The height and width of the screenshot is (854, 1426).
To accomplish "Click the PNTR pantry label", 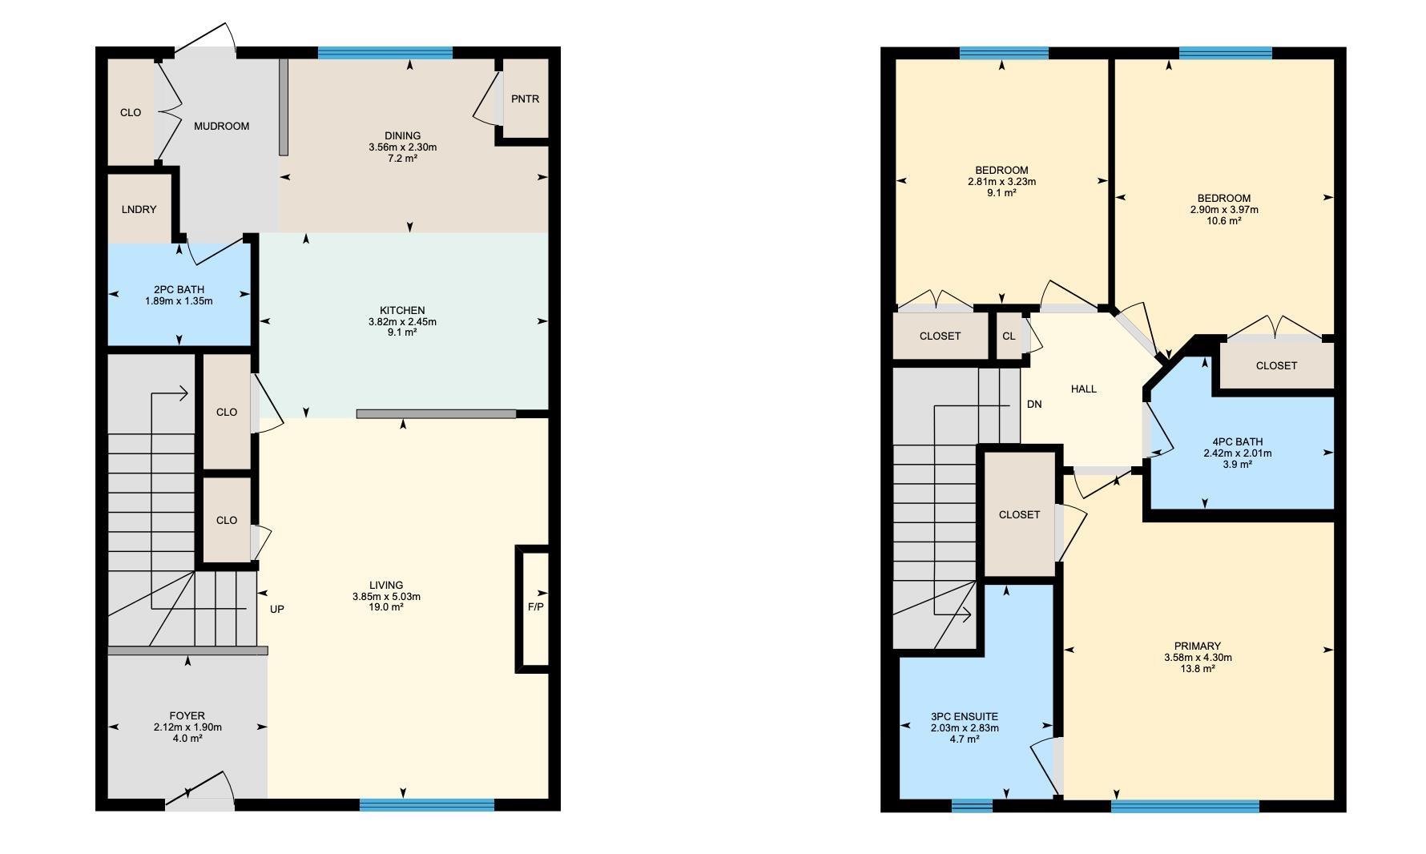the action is click(526, 99).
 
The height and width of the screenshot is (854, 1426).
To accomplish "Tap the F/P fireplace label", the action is click(535, 606).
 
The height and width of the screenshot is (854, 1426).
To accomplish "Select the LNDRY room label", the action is click(139, 210).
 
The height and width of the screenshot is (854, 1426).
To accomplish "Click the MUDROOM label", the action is click(222, 126).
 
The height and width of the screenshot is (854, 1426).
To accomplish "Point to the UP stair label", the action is click(277, 609).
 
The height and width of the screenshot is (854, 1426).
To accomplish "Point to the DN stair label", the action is click(1034, 405).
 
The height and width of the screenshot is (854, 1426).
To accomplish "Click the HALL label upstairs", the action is click(1084, 389).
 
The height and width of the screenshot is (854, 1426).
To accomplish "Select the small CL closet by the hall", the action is click(1009, 336).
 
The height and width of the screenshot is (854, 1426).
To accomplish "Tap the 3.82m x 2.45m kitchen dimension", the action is click(402, 322).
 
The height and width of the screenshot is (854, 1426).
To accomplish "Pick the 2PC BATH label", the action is click(179, 290).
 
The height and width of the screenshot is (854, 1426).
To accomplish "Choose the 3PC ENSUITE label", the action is click(965, 717).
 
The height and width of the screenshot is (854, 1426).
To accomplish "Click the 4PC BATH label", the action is click(1237, 442).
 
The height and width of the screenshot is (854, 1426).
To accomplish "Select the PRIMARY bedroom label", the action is click(1198, 647).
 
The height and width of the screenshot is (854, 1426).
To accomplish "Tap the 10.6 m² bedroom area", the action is click(1224, 221).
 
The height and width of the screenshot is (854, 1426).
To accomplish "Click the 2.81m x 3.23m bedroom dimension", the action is click(1001, 182).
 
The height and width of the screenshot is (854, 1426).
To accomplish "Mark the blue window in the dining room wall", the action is click(385, 53).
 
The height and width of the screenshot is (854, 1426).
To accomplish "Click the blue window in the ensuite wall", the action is click(972, 806).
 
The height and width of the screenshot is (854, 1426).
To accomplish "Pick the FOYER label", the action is click(187, 716).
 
